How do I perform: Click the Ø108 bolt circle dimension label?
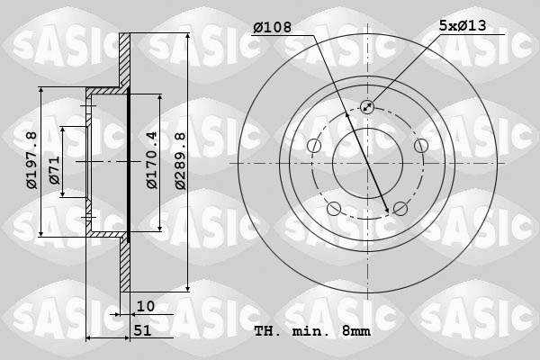tap(274, 27)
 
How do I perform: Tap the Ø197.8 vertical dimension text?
tap(31, 160)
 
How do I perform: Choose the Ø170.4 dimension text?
tap(152, 160)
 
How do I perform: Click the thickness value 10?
tap(146, 306)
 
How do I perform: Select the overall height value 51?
tap(143, 331)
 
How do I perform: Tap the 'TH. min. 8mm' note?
tap(311, 331)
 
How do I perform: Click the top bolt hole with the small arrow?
tap(367, 107)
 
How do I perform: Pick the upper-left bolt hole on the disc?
tap(314, 146)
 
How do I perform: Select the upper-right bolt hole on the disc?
tap(420, 146)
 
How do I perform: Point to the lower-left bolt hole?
tap(334, 209)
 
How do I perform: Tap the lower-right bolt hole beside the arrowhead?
tap(400, 209)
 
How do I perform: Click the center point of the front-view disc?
tap(367, 163)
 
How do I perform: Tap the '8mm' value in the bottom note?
tap(355, 331)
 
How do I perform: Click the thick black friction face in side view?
tap(129, 163)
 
